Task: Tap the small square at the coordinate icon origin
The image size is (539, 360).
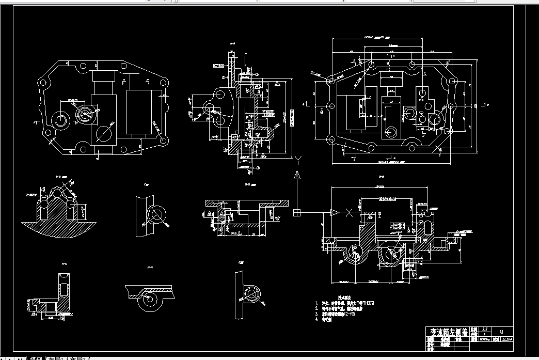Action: (x=297, y=212)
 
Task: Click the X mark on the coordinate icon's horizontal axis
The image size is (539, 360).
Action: (x=350, y=212)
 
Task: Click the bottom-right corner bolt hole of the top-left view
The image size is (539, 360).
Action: (x=164, y=140)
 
